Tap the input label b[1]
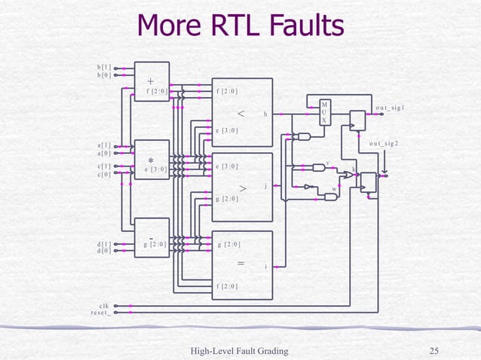coord(104,67)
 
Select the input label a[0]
coord(104,153)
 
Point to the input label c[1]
coord(104,166)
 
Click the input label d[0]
coord(104,252)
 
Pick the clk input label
coord(105,305)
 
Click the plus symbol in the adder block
coord(151,81)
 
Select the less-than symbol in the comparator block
coord(240,114)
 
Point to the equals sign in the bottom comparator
coord(240,264)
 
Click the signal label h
coord(265,114)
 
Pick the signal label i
coord(266,267)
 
